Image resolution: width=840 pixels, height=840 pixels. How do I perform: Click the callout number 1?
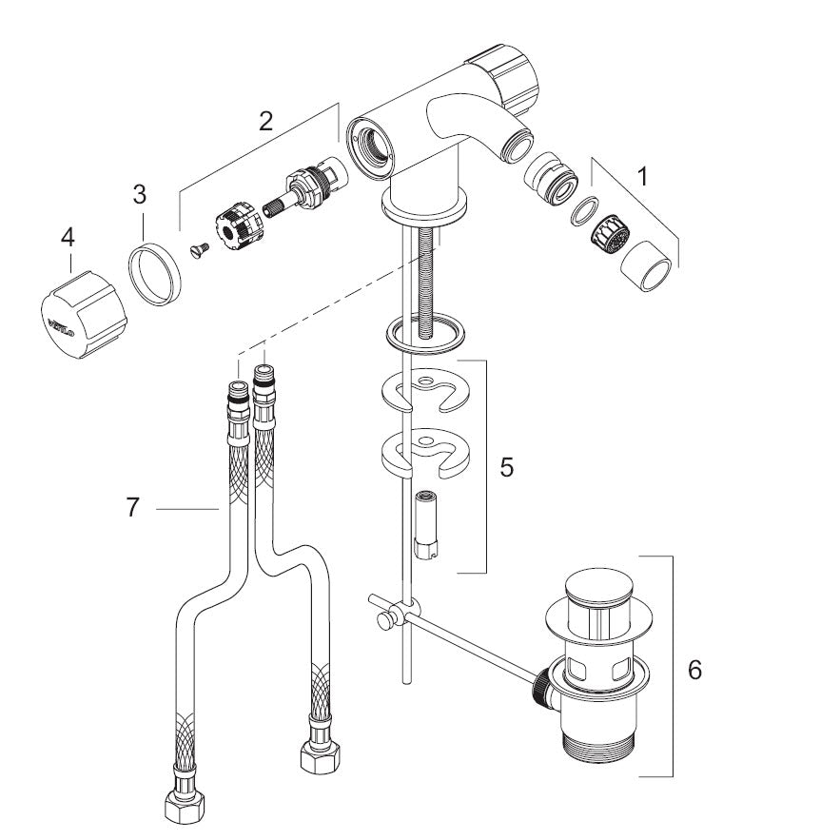(642, 176)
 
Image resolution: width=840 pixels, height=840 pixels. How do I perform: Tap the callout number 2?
(265, 121)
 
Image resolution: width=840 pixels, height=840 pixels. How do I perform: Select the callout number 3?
(139, 194)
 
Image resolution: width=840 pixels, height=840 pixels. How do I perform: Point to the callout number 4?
(68, 237)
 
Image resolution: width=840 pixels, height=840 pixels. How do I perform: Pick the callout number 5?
(506, 467)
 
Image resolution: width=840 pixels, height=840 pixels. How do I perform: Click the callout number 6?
(694, 669)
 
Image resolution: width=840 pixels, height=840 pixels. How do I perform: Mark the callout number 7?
(133, 507)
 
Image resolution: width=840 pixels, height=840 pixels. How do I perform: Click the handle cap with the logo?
(83, 315)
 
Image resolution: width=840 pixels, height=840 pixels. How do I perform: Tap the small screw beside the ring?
(200, 250)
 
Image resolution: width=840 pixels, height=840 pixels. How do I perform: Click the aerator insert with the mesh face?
(610, 235)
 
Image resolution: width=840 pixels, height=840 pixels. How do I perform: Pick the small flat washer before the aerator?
(584, 210)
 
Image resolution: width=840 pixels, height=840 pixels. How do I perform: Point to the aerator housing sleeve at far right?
(646, 266)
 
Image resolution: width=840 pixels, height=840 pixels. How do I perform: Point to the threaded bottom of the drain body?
(599, 748)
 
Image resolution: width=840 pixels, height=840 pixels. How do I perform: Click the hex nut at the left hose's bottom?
(184, 802)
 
